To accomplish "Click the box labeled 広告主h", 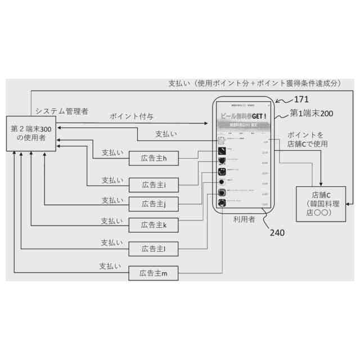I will click(154, 159).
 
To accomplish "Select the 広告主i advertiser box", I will click(154, 184).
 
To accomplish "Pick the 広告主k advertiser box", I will click(154, 225).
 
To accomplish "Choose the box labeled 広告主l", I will click(154, 247).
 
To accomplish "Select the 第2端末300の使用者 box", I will click(31, 133).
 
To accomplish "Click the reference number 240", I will click(277, 232).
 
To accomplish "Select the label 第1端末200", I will click(311, 114).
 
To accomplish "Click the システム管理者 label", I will click(61, 111).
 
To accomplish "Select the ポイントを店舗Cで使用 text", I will click(308, 139).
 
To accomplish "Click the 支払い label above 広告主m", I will click(110, 265).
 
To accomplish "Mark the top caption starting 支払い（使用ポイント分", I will click(255, 83).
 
